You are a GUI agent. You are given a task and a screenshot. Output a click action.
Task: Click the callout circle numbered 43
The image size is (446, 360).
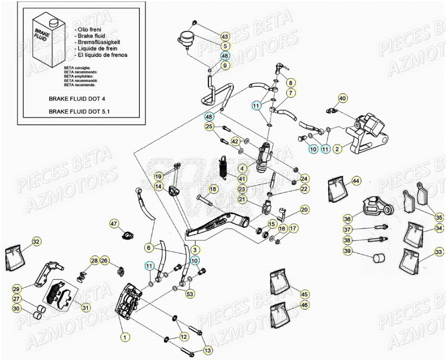[x=225, y=36]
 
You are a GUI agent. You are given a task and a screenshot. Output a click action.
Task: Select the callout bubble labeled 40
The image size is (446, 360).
[x=342, y=98]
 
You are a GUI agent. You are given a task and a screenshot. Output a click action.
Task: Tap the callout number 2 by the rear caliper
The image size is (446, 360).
[x=337, y=149]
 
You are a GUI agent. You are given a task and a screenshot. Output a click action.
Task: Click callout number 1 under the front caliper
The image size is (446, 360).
[x=124, y=337]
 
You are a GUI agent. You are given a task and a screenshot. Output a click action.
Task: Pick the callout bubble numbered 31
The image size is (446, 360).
[x=86, y=308]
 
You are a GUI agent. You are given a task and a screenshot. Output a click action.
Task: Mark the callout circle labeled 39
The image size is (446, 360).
[x=347, y=251]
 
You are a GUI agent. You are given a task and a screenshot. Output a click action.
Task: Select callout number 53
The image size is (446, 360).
[x=190, y=294]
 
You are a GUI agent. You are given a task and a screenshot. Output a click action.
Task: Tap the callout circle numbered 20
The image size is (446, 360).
[x=304, y=209]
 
